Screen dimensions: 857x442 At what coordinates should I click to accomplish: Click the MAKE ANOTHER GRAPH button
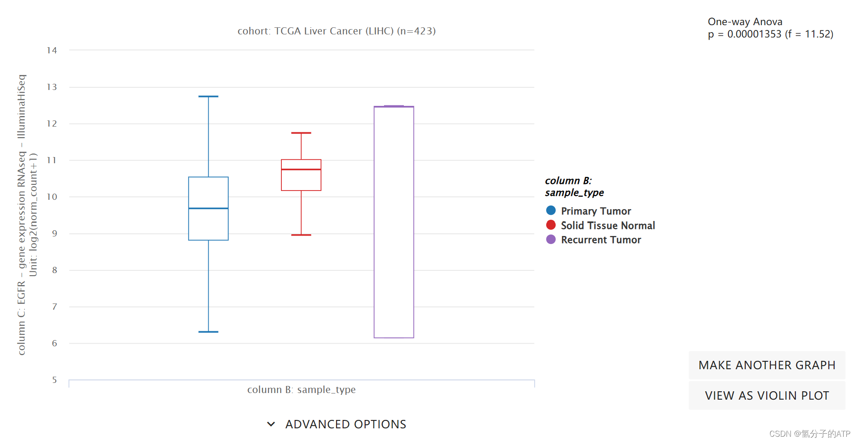click(x=767, y=365)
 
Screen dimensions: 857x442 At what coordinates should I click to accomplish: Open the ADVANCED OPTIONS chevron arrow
click(x=271, y=424)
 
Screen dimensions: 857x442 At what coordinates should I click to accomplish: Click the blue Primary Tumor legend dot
click(x=550, y=210)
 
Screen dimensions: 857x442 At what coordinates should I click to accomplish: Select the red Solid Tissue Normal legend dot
click(x=550, y=225)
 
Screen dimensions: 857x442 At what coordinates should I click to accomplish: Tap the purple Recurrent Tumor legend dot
click(x=550, y=240)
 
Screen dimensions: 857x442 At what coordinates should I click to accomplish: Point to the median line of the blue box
click(x=208, y=208)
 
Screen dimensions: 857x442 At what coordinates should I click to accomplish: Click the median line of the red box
click(x=301, y=169)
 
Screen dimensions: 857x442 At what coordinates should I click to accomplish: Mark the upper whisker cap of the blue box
click(x=208, y=96)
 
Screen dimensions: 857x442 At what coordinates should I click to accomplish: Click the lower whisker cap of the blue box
click(x=208, y=332)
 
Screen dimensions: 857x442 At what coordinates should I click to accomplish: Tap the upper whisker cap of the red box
click(x=301, y=133)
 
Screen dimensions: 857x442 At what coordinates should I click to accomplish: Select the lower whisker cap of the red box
click(x=301, y=235)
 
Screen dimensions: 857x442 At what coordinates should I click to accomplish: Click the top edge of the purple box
click(x=394, y=106)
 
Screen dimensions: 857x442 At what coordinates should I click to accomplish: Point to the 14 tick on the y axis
click(x=52, y=50)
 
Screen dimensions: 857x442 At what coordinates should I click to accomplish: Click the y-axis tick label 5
click(x=54, y=380)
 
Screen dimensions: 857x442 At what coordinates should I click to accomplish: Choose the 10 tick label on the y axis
click(x=52, y=197)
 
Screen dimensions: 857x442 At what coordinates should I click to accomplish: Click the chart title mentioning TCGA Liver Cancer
click(x=336, y=31)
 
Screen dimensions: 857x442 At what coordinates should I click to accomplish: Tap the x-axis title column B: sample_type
click(x=301, y=390)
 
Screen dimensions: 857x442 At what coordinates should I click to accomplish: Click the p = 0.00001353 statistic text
click(x=770, y=34)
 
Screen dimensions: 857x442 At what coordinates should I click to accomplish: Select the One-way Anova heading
click(x=745, y=22)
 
